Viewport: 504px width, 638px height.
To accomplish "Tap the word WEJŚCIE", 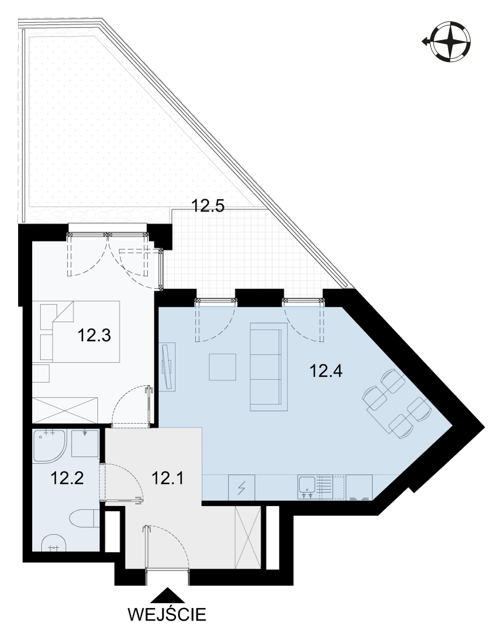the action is (167, 614).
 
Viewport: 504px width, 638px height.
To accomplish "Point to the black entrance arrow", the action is (167, 595).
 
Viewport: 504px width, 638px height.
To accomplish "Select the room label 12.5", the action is (208, 206).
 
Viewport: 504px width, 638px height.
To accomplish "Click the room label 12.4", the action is (326, 371).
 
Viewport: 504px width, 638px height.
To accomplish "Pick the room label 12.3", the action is (94, 335).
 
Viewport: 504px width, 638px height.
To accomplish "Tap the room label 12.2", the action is (67, 478).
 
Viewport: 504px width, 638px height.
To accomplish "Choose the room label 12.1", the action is (167, 478).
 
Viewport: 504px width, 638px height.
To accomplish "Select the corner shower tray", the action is (49, 446).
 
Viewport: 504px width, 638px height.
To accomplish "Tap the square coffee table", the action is (223, 367).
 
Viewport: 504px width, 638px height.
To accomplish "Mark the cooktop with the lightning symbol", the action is (242, 487).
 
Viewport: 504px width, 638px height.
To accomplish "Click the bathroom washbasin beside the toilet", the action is (54, 542).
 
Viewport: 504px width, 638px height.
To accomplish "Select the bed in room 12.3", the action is (80, 331).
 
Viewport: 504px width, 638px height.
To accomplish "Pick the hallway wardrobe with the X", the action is (248, 537).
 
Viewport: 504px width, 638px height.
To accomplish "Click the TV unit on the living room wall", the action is (167, 367).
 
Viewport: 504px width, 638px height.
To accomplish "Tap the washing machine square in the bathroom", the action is (85, 443).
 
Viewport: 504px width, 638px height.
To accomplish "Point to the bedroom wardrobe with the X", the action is (65, 410).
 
